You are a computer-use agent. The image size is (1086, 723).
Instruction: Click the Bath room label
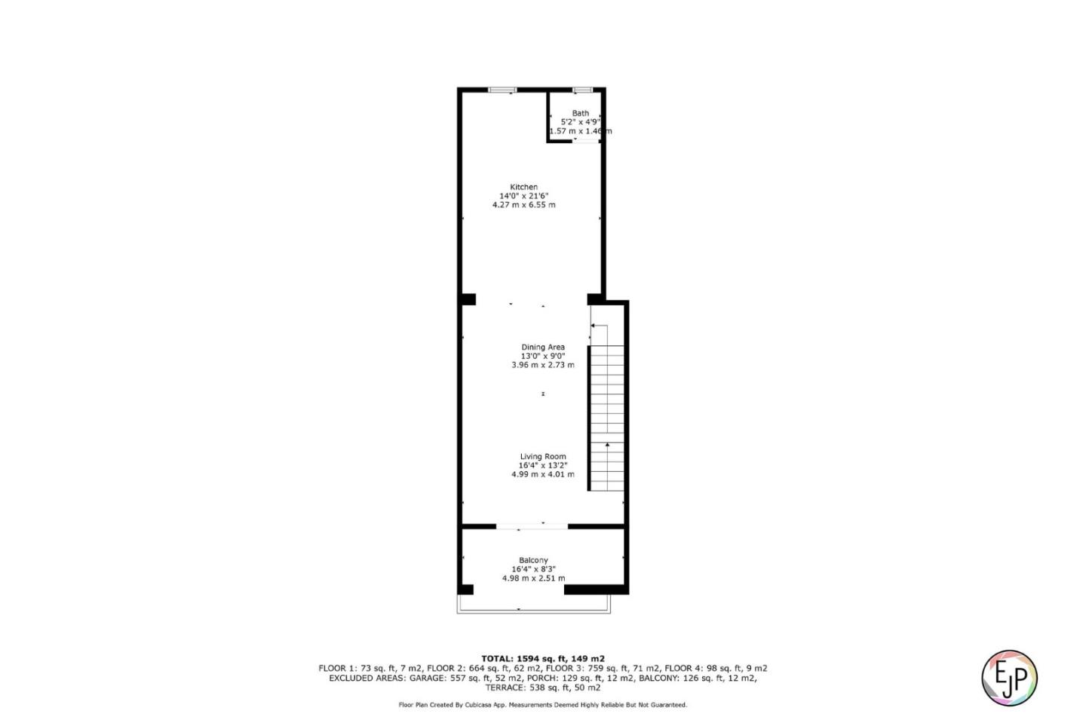pyautogui.click(x=580, y=113)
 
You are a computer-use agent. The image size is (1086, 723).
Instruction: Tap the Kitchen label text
pyautogui.click(x=523, y=187)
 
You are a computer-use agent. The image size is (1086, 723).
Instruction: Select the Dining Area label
pyautogui.click(x=542, y=348)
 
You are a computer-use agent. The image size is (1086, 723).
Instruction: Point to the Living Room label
pyautogui.click(x=542, y=456)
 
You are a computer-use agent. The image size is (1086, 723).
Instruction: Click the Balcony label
pyautogui.click(x=533, y=560)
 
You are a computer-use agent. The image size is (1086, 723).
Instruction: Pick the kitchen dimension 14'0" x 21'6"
pyautogui.click(x=523, y=196)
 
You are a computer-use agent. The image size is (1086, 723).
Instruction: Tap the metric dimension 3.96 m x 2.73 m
pyautogui.click(x=542, y=365)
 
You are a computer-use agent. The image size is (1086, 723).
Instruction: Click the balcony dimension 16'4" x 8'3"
pyautogui.click(x=533, y=569)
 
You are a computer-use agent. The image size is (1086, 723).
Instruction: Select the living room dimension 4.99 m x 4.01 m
pyautogui.click(x=542, y=474)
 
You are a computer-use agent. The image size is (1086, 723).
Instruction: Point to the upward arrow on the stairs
pyautogui.click(x=607, y=446)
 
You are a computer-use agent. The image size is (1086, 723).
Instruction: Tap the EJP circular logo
pyautogui.click(x=1009, y=677)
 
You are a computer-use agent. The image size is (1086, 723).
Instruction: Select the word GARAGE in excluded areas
pyautogui.click(x=428, y=678)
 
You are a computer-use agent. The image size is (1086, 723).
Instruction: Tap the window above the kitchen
pyautogui.click(x=502, y=90)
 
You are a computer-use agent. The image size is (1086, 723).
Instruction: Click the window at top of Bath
pyautogui.click(x=581, y=90)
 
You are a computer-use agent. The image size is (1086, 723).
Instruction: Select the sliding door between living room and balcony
pyautogui.click(x=532, y=526)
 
